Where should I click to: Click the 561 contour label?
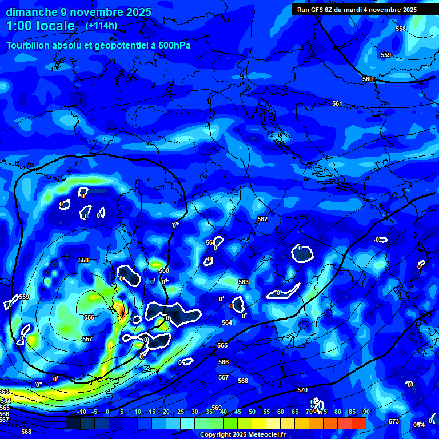coord(337,103)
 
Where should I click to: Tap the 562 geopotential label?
coord(262,219)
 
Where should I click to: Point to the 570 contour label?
coord(302,390)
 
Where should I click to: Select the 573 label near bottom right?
coord(394,421)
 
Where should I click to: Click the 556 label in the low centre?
coord(89,317)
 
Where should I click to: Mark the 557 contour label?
coord(87,339)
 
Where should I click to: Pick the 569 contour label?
coord(217,408)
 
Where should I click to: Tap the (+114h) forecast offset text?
coord(101,26)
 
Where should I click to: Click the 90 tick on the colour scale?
coord(366,412)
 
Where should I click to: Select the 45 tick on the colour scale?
coord(238,412)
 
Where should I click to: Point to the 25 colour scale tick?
coord(181,412)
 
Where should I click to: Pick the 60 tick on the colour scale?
coord(280,412)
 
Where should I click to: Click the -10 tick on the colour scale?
coord(81,412)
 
